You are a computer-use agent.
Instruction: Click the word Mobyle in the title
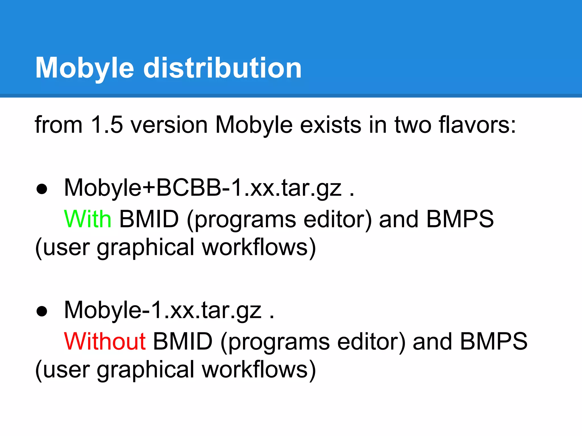(x=85, y=68)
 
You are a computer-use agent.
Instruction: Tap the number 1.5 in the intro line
(x=107, y=125)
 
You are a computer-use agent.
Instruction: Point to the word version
(x=169, y=125)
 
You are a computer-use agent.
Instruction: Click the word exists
(x=331, y=125)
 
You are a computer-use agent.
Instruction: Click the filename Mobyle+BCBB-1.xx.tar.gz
(x=203, y=188)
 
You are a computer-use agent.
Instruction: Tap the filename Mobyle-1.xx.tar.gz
(x=163, y=310)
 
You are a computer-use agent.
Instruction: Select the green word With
(x=88, y=219)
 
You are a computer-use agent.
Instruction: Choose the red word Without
(x=105, y=341)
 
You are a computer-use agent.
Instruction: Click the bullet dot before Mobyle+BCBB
(x=42, y=189)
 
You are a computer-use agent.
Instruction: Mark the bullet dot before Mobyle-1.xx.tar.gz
(x=42, y=311)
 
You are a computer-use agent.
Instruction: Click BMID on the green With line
(x=149, y=219)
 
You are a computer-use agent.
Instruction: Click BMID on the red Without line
(x=183, y=341)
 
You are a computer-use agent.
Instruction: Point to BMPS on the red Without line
(x=494, y=341)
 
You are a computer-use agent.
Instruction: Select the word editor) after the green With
(x=338, y=220)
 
